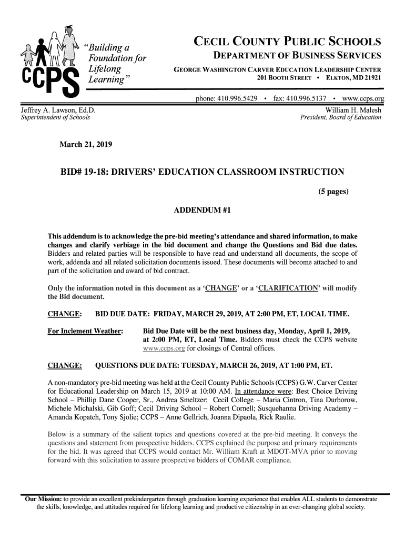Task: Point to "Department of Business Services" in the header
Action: click(297, 56)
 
